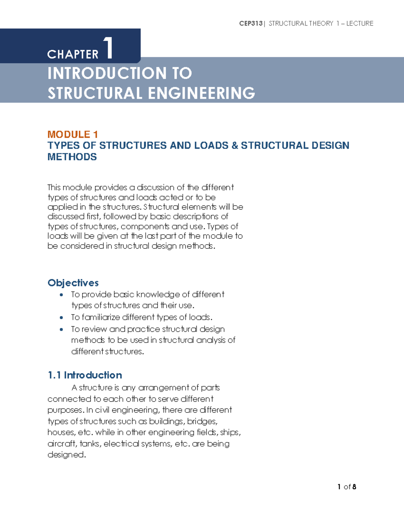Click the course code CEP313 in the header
coord(251,23)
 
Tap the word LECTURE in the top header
coord(360,23)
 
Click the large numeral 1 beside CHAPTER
coord(108,48)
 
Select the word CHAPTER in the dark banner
coord(73,54)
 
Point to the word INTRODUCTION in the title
coord(107,73)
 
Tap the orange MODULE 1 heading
coord(73,134)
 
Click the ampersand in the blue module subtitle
coord(235,145)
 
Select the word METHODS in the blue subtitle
coord(72,157)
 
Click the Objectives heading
coord(73,283)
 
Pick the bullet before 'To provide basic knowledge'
coord(61,295)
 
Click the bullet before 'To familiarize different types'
coord(61,318)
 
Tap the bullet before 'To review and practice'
coord(61,329)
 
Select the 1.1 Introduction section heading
coord(85,375)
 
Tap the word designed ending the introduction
coord(66,455)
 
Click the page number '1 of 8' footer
coord(346,487)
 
